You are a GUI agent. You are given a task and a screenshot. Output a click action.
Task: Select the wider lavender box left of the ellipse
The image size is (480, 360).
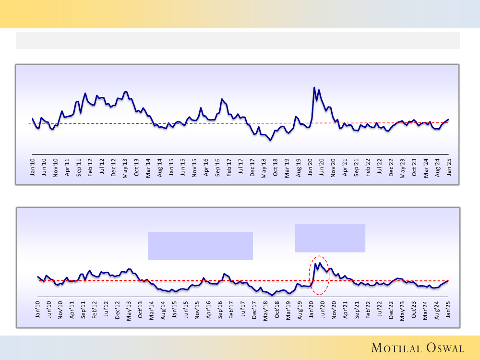(x=200, y=246)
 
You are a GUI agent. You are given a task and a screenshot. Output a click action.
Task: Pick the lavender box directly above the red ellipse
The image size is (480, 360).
(x=330, y=238)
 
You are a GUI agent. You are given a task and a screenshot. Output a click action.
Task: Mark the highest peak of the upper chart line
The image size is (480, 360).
(x=314, y=87)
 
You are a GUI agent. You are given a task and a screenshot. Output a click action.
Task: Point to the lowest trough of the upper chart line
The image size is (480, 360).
(x=271, y=140)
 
